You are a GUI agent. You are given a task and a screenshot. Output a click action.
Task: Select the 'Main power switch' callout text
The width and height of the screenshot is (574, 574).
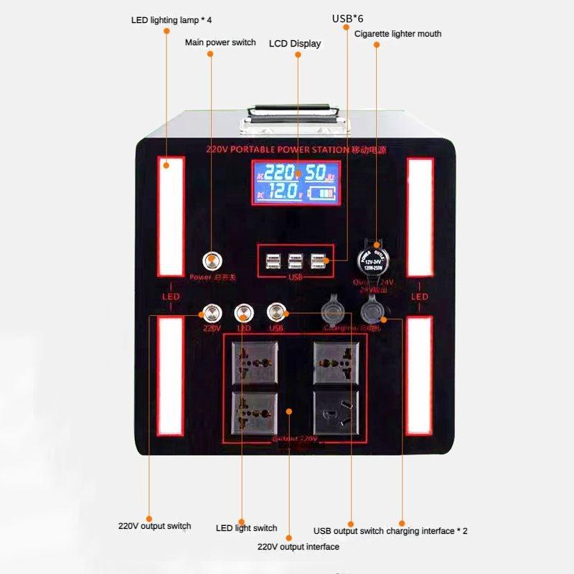coord(220,42)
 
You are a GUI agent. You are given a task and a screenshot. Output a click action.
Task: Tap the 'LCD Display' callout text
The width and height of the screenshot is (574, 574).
coord(295,44)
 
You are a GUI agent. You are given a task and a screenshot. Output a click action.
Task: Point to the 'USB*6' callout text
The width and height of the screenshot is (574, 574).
coord(348,18)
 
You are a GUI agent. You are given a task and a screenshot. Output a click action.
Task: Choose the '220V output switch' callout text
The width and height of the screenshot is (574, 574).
coord(155,526)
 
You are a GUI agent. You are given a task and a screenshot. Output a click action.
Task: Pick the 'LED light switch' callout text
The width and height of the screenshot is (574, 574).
coord(246,528)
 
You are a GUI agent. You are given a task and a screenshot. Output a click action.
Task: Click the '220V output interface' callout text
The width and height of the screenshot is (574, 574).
coord(298,547)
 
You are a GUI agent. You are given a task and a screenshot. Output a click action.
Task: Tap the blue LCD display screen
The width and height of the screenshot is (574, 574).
coord(296,182)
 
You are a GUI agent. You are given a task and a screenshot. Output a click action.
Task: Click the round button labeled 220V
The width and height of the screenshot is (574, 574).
coord(212,312)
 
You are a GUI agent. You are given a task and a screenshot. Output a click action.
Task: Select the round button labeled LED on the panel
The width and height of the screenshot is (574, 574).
coord(244,312)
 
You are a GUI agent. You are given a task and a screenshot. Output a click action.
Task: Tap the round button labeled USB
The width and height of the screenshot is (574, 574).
coord(276,312)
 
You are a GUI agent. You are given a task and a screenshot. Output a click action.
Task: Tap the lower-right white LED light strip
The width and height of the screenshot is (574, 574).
coord(420,376)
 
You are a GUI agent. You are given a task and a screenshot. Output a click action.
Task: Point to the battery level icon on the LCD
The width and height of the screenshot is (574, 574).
coord(324,194)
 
